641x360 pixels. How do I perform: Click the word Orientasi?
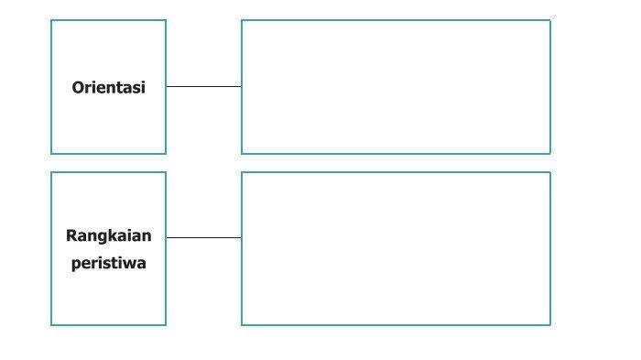[x=108, y=88]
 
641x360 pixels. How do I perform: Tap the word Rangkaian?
[x=108, y=236]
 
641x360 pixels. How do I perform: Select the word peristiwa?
[x=108, y=263]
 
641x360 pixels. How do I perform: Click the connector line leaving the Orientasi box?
[x=203, y=87]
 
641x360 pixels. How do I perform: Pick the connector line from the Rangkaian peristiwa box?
[x=203, y=237]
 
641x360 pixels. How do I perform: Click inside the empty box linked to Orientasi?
[x=396, y=87]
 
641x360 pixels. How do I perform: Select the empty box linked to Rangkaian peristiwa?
[x=396, y=249]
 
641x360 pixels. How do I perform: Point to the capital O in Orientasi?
[x=78, y=88]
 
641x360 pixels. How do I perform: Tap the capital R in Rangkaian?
[x=71, y=235]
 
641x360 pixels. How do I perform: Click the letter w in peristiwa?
[x=131, y=264]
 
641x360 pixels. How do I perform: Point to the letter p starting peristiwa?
[x=76, y=266]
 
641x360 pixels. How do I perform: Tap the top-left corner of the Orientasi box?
[x=51, y=20]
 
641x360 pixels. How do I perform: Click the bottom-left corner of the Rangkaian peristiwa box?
[x=51, y=325]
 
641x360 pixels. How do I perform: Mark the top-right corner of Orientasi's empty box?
[x=550, y=20]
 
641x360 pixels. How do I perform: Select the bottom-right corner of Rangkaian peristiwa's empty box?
[x=550, y=325]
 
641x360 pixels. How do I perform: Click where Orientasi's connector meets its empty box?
[x=241, y=87]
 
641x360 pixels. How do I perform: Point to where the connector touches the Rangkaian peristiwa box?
[x=167, y=237]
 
